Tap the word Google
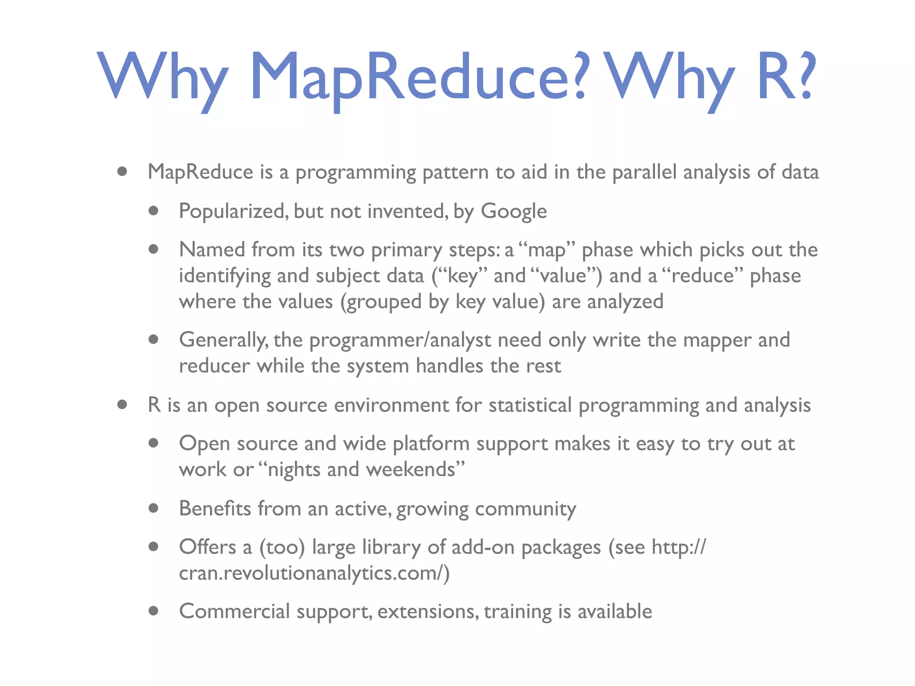513,211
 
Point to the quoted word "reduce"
702,276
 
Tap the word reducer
214,366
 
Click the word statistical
530,405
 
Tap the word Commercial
234,611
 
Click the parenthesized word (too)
282,548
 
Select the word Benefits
215,509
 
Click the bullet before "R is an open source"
122,405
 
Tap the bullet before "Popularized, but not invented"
154,211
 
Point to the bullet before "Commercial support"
154,611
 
